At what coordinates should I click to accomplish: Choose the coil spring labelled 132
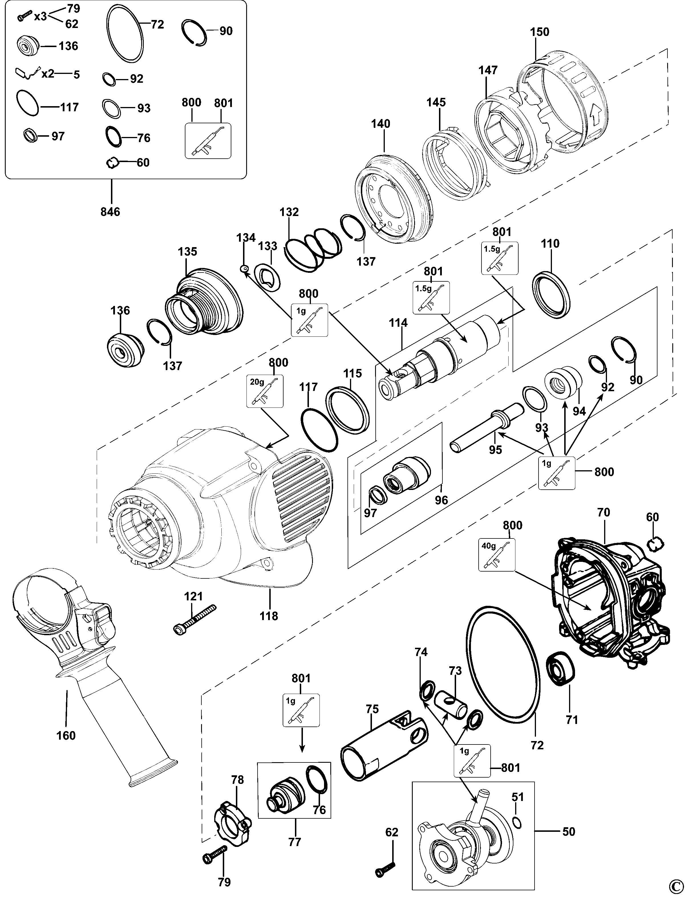(x=312, y=249)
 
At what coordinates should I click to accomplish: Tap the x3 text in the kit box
(x=40, y=16)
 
